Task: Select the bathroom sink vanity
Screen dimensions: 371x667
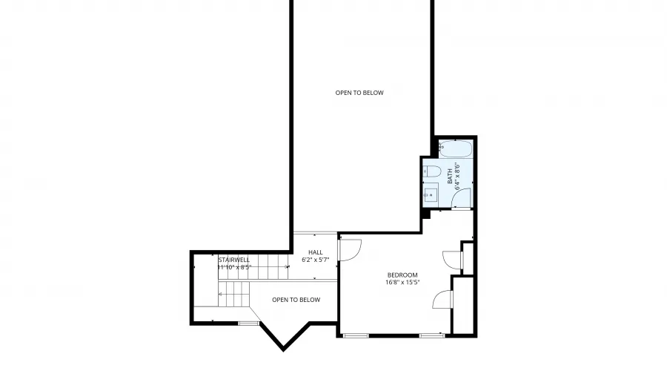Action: click(x=431, y=195)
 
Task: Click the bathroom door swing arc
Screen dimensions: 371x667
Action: click(x=459, y=197)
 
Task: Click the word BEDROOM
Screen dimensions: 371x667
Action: click(x=402, y=275)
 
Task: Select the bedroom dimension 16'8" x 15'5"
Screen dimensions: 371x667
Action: click(x=402, y=283)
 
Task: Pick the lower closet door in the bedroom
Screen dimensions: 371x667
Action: click(x=442, y=298)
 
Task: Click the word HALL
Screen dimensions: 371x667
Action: click(x=315, y=253)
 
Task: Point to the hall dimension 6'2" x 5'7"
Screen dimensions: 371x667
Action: click(x=315, y=260)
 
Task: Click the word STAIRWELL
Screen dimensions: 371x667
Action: click(x=233, y=260)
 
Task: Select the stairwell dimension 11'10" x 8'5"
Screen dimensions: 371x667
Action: click(x=235, y=267)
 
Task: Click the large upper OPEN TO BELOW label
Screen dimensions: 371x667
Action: click(x=359, y=93)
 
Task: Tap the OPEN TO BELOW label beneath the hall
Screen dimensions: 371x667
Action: click(x=296, y=300)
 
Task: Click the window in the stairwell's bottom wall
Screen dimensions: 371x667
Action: click(x=249, y=323)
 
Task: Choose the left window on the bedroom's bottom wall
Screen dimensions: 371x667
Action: click(x=356, y=335)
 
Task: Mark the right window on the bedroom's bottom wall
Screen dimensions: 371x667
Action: click(x=431, y=335)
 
